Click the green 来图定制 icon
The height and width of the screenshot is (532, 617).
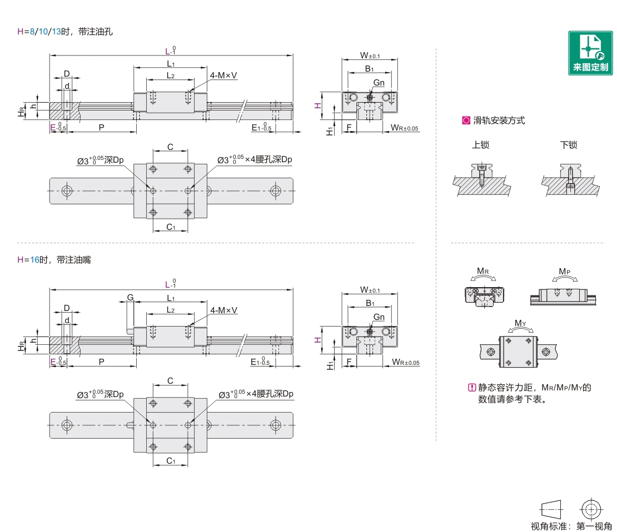(x=590, y=53)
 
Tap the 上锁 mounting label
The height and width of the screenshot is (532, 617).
(x=480, y=145)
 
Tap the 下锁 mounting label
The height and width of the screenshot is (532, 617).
(x=569, y=145)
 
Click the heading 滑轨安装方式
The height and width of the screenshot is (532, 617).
(x=499, y=121)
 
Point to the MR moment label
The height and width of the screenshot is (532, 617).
(x=483, y=272)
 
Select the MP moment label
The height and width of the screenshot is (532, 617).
(x=564, y=272)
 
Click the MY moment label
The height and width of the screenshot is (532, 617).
(x=520, y=323)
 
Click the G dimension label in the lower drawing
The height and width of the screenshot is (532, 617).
(x=130, y=298)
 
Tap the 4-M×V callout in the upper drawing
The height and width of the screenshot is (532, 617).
(x=223, y=75)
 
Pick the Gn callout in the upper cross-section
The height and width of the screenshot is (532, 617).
(x=379, y=83)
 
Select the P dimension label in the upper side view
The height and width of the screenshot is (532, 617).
(x=101, y=127)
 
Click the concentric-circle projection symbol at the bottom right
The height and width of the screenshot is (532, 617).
(x=590, y=508)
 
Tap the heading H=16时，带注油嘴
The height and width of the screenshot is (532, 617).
(x=54, y=260)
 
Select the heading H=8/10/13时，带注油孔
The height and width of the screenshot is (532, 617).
(x=65, y=32)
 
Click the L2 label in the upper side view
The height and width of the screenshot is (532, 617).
(x=171, y=76)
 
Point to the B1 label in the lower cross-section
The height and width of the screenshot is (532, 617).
(x=369, y=303)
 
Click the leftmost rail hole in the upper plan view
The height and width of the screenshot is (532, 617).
(x=67, y=190)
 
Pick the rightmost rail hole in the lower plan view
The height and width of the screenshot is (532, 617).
(x=275, y=425)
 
